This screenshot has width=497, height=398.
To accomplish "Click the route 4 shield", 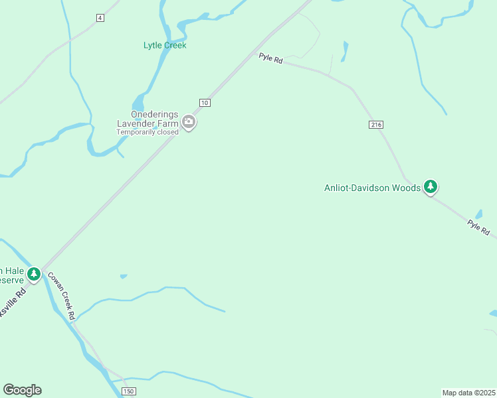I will pos(100,17).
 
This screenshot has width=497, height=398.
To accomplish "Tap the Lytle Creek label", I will pos(165,45).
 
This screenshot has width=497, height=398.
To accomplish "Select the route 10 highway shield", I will pos(204,102).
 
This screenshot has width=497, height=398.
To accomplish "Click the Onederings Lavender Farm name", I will pos(147,118).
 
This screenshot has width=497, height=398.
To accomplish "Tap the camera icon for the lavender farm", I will pos(189,122).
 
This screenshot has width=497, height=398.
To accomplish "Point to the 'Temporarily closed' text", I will pos(148,132).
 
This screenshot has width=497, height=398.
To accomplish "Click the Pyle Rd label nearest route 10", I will pos(271,59).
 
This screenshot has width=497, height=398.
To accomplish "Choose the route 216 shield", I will pos(376,125).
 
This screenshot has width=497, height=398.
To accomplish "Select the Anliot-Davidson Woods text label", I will pos(372,188).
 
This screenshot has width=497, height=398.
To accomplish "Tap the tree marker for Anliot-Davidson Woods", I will pos(431,186).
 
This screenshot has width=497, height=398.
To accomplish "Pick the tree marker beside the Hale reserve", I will pos(34,273).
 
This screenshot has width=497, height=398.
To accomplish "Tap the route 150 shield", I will pos(129,392).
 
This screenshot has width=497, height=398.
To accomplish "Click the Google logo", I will pos(22,390).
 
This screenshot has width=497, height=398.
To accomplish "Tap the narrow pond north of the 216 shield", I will pos(344,51).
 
